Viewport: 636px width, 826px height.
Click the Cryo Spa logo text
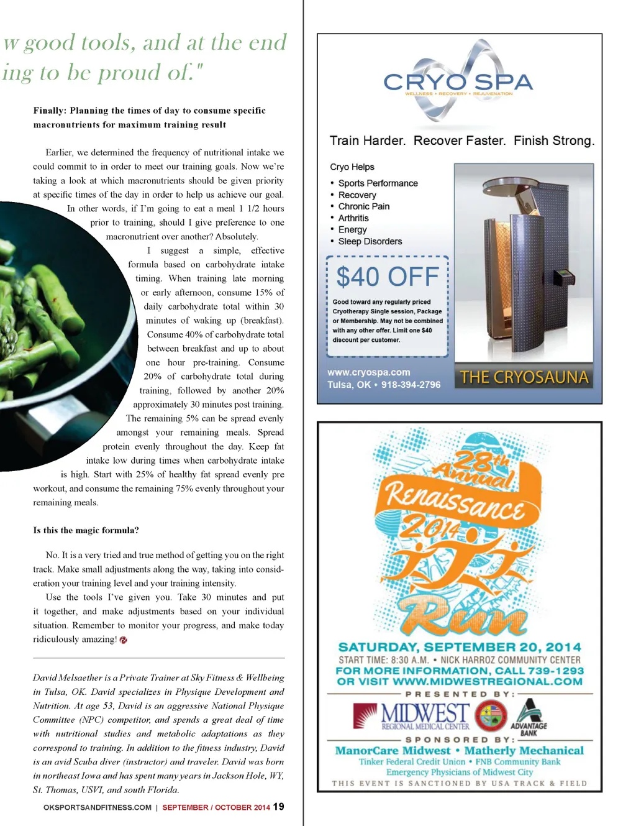458,82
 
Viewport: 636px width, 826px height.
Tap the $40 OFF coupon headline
388,277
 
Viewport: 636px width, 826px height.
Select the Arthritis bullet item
353,218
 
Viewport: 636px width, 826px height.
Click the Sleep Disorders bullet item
370,241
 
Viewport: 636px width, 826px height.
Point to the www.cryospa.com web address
369,372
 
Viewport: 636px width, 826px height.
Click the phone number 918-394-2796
411,385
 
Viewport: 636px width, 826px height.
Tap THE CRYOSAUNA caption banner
524,377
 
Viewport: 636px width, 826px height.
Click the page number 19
279,806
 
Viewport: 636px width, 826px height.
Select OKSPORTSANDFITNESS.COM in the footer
98,807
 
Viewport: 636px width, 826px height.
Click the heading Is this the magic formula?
86,530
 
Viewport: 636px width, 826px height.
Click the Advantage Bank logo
529,717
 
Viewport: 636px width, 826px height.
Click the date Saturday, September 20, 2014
460,647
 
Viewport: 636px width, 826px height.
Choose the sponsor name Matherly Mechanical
524,750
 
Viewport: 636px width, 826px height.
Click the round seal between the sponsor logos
491,715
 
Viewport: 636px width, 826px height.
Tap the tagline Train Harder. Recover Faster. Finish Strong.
461,140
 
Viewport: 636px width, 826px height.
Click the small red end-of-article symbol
124,640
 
